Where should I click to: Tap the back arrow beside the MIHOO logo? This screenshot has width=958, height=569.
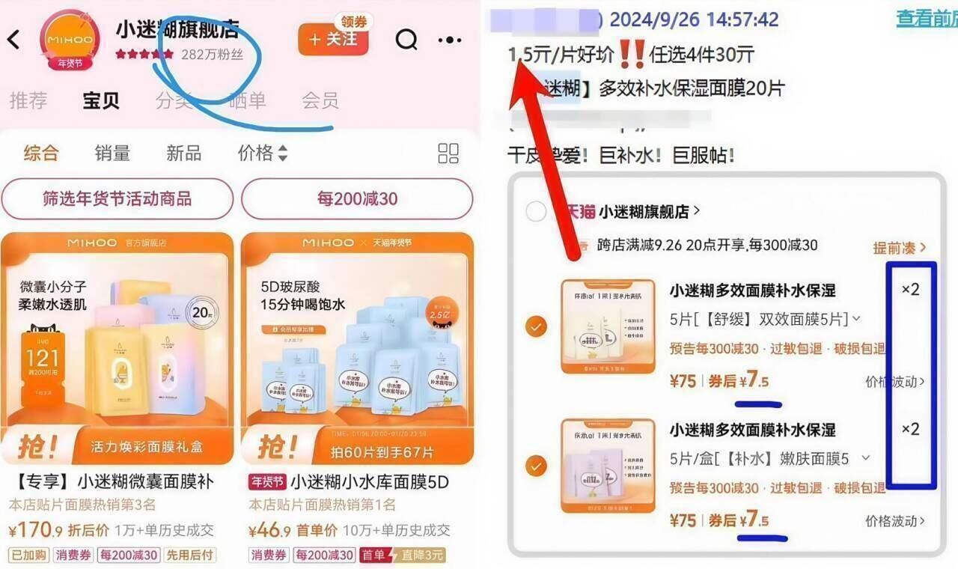point(13,40)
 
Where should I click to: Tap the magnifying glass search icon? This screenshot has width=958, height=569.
point(406,40)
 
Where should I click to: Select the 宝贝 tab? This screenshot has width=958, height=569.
point(101,101)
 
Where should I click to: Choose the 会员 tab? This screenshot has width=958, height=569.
point(320,101)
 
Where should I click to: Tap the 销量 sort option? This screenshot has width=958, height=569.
point(112,153)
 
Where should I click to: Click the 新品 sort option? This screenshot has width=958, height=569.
point(183,153)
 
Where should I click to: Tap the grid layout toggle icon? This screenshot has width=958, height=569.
point(448,153)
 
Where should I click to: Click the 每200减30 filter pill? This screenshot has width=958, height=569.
point(357,199)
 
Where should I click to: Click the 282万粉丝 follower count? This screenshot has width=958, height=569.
point(213,55)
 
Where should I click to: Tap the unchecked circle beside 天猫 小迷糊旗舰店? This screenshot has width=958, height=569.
point(536,212)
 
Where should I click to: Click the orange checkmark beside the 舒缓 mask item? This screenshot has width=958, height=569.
point(536,326)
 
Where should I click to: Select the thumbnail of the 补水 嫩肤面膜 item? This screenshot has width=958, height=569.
point(608,466)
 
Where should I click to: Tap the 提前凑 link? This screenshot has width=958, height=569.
point(899,247)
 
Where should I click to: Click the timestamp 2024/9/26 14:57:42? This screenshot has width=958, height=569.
point(695,19)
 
